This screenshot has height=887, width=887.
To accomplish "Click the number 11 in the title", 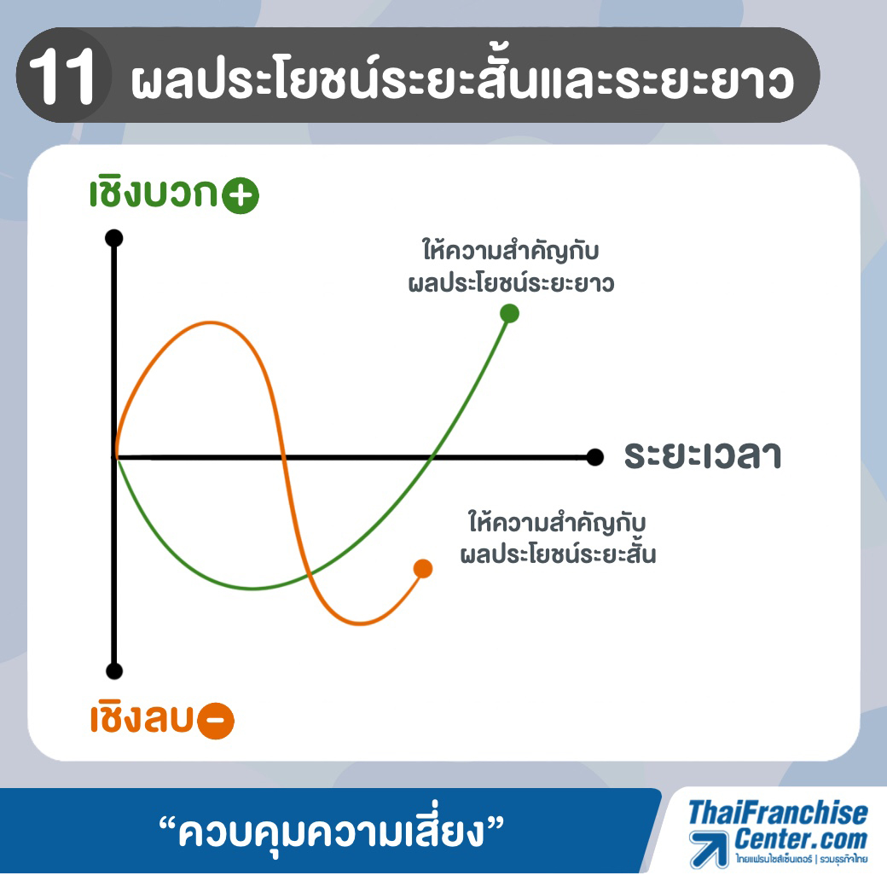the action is pyautogui.click(x=61, y=76).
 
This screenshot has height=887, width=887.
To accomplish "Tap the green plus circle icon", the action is pyautogui.click(x=241, y=195).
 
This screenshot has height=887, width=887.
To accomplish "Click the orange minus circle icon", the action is pyautogui.click(x=216, y=721).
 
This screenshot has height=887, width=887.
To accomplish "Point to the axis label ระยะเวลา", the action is pyautogui.click(x=703, y=455).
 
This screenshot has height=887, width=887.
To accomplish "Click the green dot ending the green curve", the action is pyautogui.click(x=510, y=313).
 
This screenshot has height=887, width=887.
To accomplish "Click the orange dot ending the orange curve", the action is pyautogui.click(x=423, y=569).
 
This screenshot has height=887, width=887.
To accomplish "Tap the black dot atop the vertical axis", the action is pyautogui.click(x=114, y=238).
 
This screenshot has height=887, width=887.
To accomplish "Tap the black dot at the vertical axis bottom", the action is pyautogui.click(x=114, y=671).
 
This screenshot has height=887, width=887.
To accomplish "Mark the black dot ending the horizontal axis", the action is pyautogui.click(x=595, y=457).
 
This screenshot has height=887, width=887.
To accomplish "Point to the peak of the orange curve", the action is pyautogui.click(x=211, y=323).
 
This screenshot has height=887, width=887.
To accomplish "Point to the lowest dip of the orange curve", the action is pyautogui.click(x=360, y=623).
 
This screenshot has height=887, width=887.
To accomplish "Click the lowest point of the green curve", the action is pyautogui.click(x=252, y=588).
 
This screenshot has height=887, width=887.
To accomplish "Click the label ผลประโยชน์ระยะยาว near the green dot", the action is pyautogui.click(x=512, y=283).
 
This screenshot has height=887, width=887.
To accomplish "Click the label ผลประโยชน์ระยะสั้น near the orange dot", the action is pyautogui.click(x=559, y=553).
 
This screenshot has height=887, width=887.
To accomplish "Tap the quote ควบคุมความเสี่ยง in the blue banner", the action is pyautogui.click(x=332, y=832).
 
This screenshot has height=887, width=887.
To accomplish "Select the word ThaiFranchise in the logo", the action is pyautogui.click(x=779, y=813).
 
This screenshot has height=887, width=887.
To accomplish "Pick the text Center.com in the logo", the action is pyautogui.click(x=801, y=839).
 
